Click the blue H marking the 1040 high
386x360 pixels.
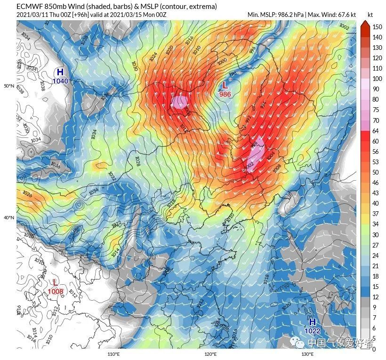60,72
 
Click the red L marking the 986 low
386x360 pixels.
225,86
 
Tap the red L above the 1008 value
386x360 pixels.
55,282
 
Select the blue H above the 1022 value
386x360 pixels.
312,322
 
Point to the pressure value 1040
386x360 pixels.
60,81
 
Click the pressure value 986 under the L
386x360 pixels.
225,94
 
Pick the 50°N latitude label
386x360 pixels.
9,86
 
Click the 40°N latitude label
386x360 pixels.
9,218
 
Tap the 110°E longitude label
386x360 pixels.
113,354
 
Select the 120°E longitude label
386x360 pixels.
210,354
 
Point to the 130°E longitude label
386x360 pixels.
307,354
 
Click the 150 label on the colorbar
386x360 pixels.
377,27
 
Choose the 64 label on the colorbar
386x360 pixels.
376,130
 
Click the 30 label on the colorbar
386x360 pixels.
376,234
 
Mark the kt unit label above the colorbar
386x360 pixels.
370,15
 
